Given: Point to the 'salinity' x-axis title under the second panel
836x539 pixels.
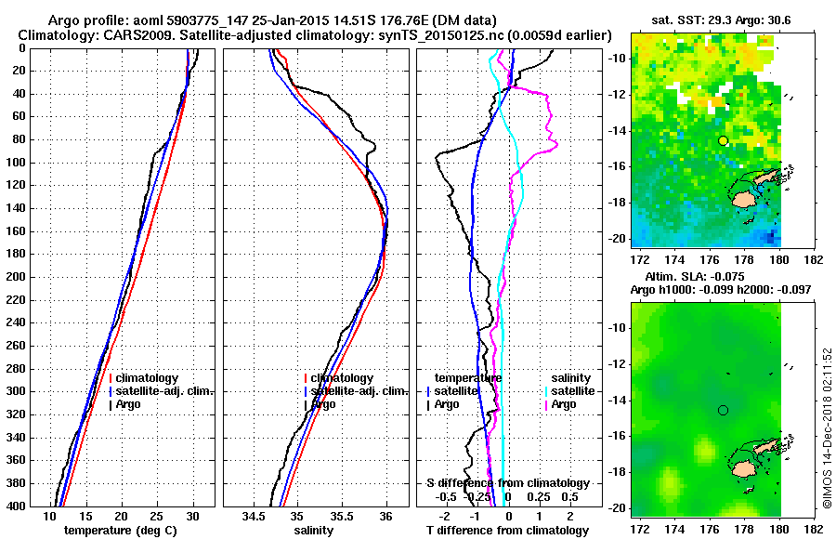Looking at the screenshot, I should click(x=315, y=530).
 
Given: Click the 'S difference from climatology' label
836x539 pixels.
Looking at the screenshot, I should click(x=507, y=483).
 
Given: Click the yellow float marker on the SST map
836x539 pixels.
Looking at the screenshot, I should click(x=723, y=140).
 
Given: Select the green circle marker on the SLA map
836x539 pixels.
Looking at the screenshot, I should click(x=723, y=410).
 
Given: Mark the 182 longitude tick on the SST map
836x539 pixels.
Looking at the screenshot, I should click(x=812, y=259).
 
